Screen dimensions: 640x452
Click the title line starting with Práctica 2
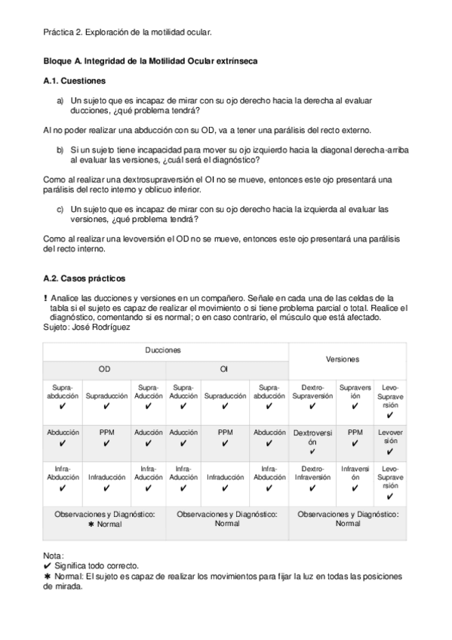click(x=128, y=32)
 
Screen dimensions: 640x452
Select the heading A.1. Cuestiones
click(x=74, y=80)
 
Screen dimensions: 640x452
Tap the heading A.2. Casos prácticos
click(x=82, y=278)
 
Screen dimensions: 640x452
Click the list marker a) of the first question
click(x=60, y=100)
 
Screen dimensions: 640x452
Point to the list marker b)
click(x=60, y=150)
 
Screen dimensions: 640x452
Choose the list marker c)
click(x=60, y=208)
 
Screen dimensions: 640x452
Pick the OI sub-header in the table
click(x=224, y=369)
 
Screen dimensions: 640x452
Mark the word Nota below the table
click(x=54, y=556)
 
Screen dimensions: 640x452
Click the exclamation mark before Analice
click(x=46, y=298)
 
